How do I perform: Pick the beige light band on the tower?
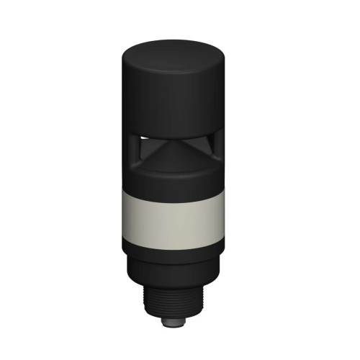[171, 216]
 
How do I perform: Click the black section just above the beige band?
[171, 180]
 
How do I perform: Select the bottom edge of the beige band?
[171, 240]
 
